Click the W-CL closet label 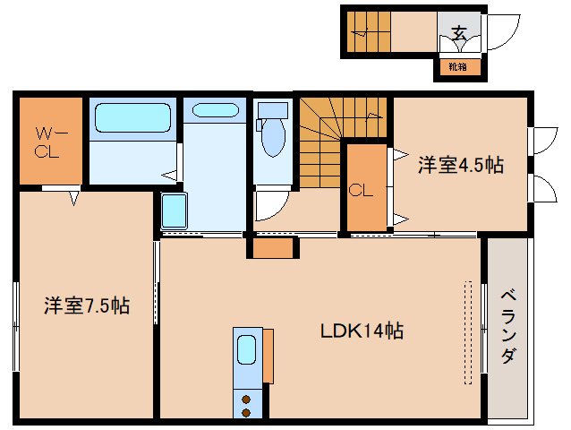47,142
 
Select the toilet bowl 271,139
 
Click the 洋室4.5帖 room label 460,165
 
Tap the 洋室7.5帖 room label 87,306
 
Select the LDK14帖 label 362,331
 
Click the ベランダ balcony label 507,326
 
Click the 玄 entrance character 459,33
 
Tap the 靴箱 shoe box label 456,65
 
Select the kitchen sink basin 246,349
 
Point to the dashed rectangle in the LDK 465,328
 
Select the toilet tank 271,109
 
